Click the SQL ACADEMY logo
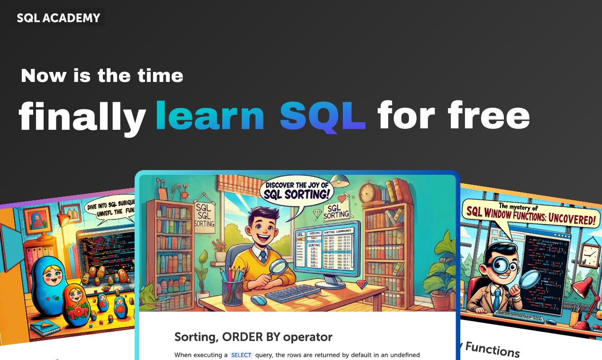pos(59,18)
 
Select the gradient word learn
pos(210,116)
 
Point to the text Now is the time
pos(102,76)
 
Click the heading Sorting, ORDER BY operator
pos(253,337)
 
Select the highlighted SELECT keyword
pos(241,355)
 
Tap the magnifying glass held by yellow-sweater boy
pos(278,268)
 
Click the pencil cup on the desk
pos(232,289)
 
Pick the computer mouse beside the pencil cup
pos(258,299)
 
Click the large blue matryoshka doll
pos(48,284)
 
